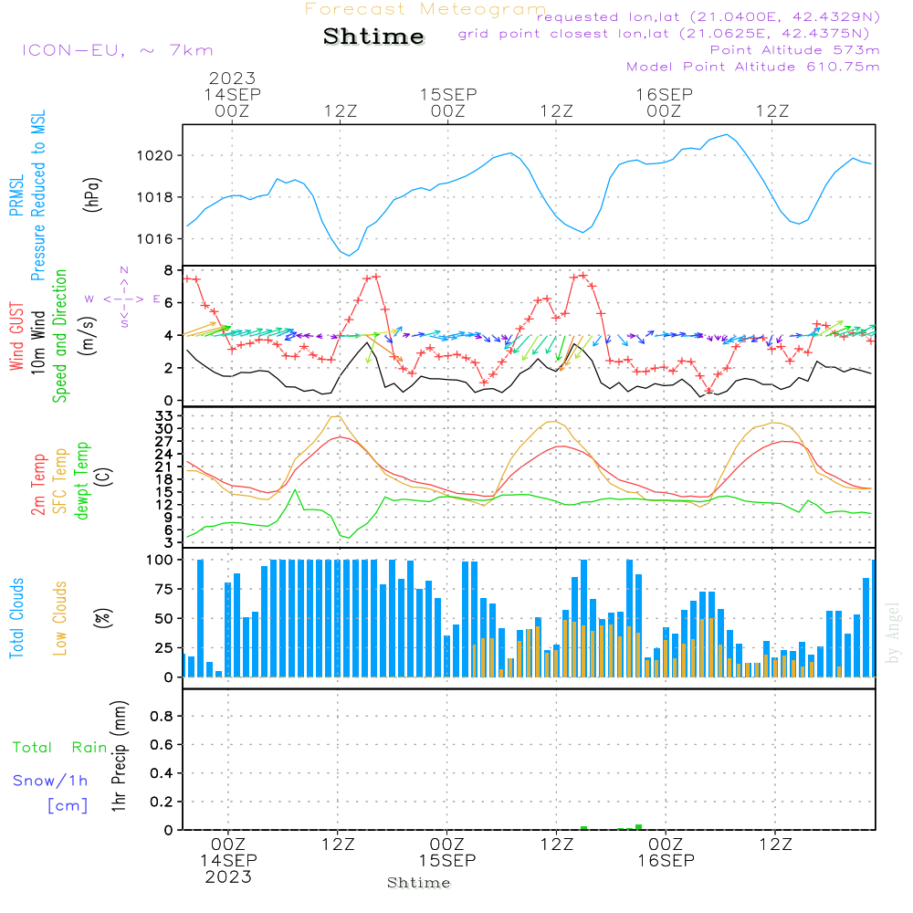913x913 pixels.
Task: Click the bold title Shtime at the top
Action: [x=373, y=37]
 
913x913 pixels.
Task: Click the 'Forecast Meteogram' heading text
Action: [x=425, y=9]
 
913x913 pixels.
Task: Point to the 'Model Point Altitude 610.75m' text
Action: [x=753, y=67]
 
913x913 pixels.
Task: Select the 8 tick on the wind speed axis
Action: [x=168, y=270]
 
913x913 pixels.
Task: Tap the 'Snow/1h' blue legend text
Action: [x=51, y=781]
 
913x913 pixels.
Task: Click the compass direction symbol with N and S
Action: [x=124, y=298]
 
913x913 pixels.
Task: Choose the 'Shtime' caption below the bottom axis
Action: [x=419, y=883]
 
